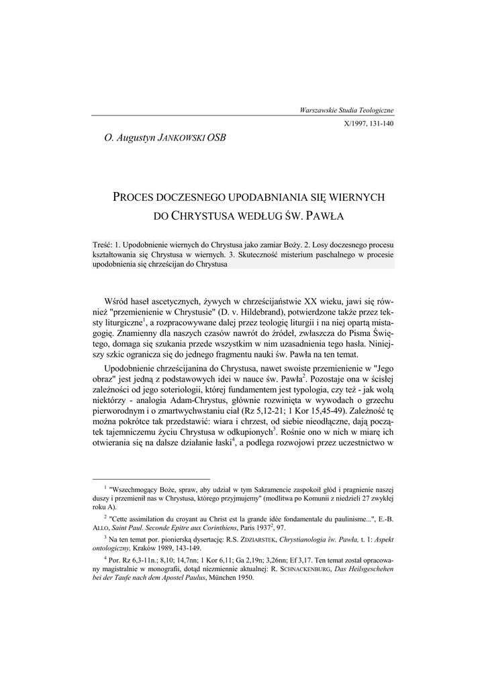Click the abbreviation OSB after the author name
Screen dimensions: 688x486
pos(217,139)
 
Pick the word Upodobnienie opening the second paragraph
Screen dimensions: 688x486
pos(137,370)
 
